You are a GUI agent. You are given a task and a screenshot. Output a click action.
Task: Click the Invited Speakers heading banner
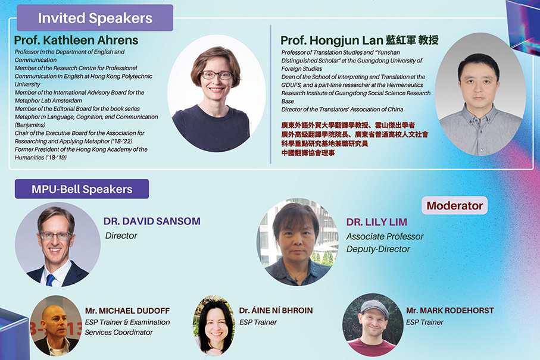[x=95, y=18]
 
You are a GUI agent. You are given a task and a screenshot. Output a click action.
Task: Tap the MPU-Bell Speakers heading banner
[x=82, y=189]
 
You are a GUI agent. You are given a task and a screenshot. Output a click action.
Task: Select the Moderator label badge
[x=455, y=206]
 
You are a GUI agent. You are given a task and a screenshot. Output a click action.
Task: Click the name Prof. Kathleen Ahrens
[x=76, y=40]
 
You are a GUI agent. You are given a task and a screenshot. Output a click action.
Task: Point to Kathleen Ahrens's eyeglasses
[x=216, y=76]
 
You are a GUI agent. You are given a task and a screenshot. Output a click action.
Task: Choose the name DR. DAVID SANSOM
[x=152, y=221]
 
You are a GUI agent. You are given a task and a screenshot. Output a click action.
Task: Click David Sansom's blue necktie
[x=51, y=280]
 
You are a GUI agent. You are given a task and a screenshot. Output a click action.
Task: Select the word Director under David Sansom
[x=121, y=236]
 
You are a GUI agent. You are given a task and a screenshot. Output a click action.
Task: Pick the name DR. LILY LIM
[x=377, y=222]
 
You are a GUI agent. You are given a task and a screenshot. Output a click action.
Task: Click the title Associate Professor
[x=385, y=236]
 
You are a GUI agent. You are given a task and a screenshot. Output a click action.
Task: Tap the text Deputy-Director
[x=378, y=249]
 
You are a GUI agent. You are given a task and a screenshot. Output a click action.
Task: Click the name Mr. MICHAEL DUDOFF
[x=127, y=311]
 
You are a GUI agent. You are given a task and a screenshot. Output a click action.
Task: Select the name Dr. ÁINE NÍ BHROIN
[x=276, y=311]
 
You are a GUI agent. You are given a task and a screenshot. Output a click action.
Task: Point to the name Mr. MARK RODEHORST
[x=450, y=311]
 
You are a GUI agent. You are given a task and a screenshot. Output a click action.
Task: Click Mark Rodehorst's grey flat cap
[x=373, y=305]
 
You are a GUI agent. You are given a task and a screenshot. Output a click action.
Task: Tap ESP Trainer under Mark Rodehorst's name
[x=424, y=323]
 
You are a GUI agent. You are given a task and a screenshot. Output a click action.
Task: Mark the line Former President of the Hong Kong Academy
[x=81, y=149]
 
